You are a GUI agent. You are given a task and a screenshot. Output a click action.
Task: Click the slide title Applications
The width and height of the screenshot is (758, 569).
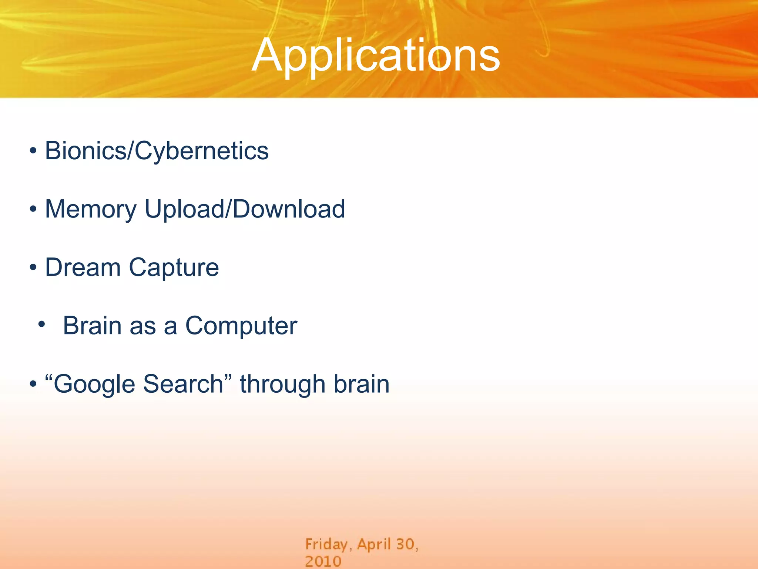coord(376,56)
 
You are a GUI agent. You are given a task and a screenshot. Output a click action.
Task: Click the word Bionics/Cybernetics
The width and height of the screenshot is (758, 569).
coord(157,151)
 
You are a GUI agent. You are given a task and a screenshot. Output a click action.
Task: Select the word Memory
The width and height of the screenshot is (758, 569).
coord(91,209)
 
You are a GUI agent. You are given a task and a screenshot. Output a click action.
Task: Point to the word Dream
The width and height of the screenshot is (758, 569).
coord(83,267)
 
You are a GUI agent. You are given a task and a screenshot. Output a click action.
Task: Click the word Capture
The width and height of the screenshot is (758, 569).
coord(174,268)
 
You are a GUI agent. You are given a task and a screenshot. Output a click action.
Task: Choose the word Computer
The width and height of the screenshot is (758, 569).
coord(241,326)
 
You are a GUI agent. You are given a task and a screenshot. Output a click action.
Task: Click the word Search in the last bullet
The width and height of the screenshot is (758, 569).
coord(183,384)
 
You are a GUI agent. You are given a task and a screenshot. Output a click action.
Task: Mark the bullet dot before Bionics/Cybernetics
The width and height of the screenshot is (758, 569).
coord(33,151)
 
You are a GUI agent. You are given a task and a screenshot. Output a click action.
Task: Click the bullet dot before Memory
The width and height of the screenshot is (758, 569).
coord(33,209)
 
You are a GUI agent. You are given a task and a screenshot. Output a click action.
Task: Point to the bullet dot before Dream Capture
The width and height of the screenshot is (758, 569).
coord(33,267)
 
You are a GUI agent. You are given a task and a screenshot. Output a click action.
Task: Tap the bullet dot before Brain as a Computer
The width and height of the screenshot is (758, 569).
coord(41,325)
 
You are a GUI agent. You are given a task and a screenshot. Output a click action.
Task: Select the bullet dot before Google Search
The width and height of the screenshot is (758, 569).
coord(33,384)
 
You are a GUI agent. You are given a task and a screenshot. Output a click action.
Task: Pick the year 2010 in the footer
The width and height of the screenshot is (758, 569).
coord(323,561)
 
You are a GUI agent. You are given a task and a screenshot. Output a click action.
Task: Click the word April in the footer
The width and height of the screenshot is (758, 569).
coord(374,545)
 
